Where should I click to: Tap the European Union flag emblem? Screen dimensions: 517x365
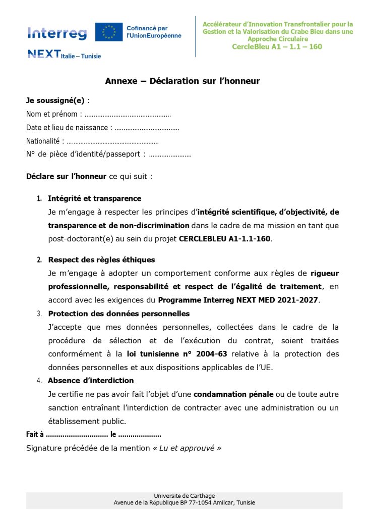(x=109, y=32)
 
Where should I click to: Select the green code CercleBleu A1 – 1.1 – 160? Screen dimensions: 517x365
(x=277, y=47)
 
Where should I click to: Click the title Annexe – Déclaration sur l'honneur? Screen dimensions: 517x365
(x=182, y=81)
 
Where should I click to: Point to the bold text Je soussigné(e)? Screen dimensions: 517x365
(x=55, y=100)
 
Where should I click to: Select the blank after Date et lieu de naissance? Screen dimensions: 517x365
(x=147, y=128)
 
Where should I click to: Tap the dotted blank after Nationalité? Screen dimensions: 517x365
(x=112, y=141)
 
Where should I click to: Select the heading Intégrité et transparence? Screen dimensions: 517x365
(x=94, y=198)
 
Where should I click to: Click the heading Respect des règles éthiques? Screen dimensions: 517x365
(x=101, y=260)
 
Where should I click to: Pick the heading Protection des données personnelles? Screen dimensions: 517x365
(x=118, y=314)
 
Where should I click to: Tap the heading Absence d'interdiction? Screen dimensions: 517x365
(x=91, y=380)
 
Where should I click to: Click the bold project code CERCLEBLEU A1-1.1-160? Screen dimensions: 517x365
(x=225, y=239)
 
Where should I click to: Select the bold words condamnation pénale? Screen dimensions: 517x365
(x=233, y=394)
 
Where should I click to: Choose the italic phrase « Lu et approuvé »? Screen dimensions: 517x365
(x=187, y=448)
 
